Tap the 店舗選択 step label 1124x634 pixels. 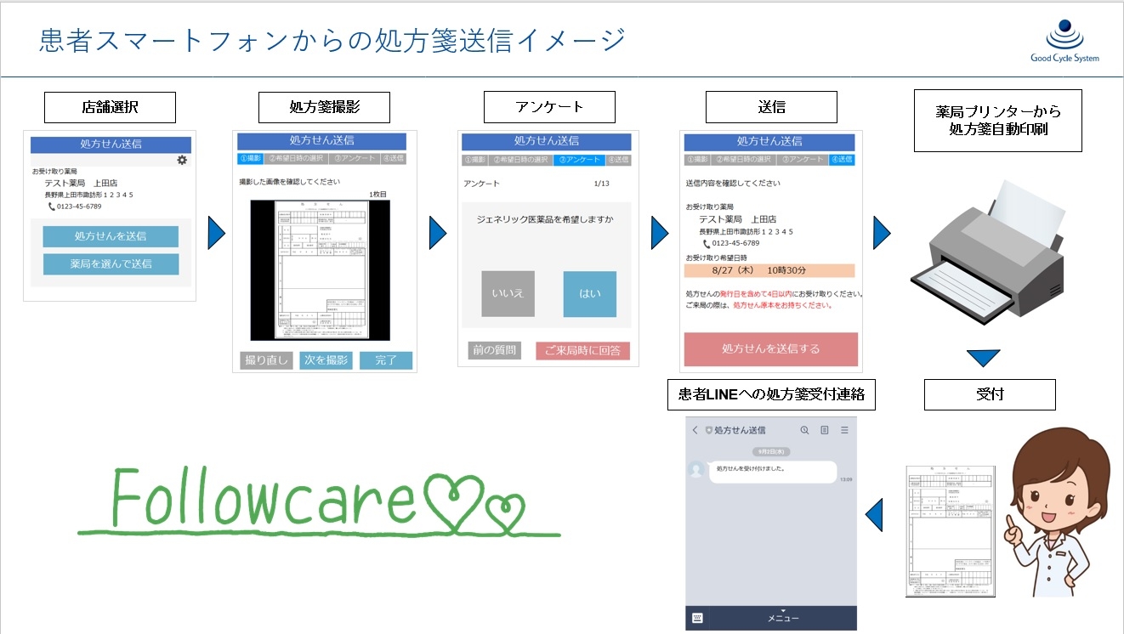click(x=110, y=108)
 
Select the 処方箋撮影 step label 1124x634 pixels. click(x=324, y=108)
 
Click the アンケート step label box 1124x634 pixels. click(x=549, y=108)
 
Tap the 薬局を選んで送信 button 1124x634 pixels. click(x=111, y=264)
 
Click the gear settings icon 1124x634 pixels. click(x=182, y=160)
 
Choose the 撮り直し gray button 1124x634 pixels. click(x=266, y=360)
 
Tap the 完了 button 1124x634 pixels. click(x=385, y=360)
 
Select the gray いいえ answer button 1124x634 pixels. click(x=508, y=294)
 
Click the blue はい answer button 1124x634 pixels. click(x=589, y=294)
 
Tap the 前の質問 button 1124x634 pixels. click(x=494, y=350)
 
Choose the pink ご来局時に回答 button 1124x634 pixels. click(x=582, y=351)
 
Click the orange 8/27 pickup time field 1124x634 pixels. click(x=769, y=270)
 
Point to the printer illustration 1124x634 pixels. click(x=986, y=251)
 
